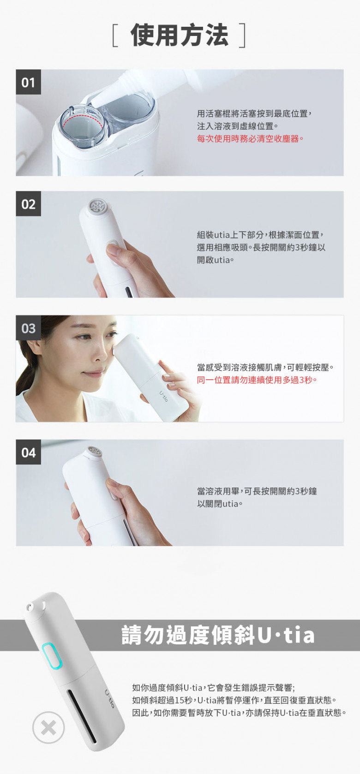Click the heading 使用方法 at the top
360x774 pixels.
click(179, 36)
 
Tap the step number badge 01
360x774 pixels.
click(28, 82)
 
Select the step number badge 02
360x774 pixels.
click(28, 204)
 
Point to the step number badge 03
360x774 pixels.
click(28, 328)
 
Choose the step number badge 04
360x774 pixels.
click(28, 452)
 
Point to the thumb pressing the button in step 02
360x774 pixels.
click(114, 251)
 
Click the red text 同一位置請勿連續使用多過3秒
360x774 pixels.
click(257, 380)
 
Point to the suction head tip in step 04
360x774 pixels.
click(95, 451)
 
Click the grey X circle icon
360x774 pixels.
click(48, 728)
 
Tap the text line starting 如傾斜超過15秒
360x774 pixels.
click(234, 700)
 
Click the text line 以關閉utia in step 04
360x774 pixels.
click(220, 504)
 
